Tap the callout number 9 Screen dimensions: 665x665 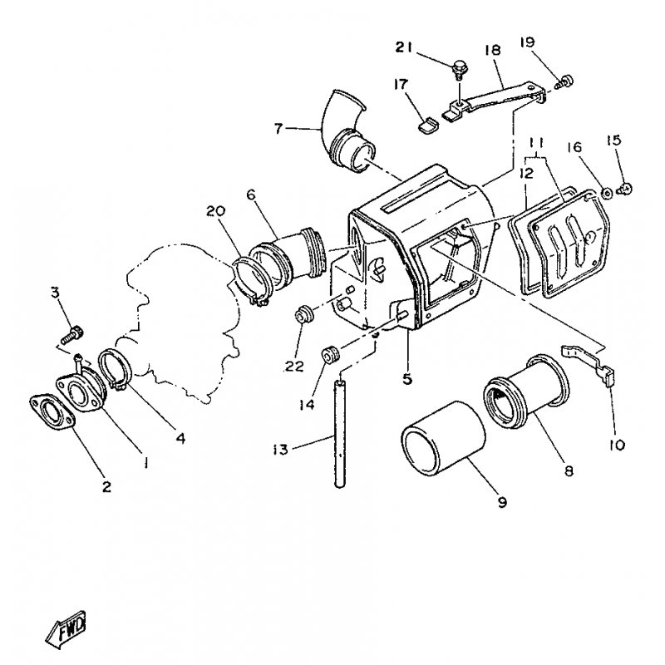[502, 501]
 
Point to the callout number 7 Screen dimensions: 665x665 [279, 128]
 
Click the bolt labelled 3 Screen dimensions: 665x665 [71, 332]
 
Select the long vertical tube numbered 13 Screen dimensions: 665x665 [340, 433]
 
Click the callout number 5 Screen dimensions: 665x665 [407, 379]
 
